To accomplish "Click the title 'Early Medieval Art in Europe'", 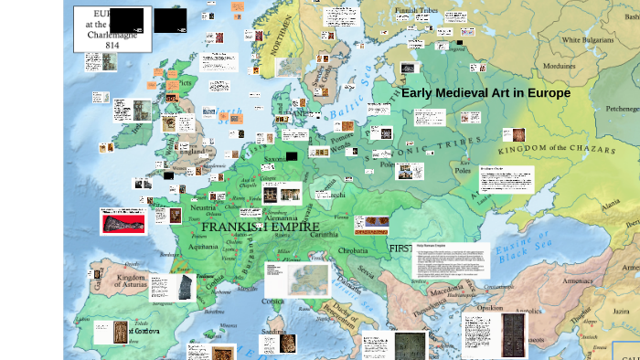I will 485,93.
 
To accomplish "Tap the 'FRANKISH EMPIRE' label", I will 260,227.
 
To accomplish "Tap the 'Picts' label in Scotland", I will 186,83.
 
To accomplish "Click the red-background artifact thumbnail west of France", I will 123,221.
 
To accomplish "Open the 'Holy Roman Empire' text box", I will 451,260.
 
